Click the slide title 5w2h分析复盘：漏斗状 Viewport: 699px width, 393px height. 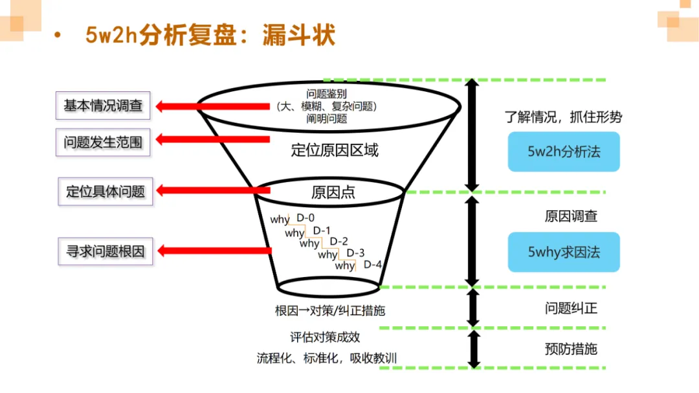point(210,35)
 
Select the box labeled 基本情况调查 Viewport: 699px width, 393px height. point(103,106)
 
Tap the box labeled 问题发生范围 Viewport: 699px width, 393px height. point(103,142)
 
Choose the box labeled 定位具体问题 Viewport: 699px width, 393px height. point(105,192)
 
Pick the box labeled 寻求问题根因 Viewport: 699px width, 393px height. point(105,251)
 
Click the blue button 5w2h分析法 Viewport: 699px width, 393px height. point(564,152)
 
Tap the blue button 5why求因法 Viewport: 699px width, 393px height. point(564,252)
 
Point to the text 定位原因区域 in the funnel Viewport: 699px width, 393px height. point(335,151)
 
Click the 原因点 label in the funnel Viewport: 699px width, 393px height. point(333,192)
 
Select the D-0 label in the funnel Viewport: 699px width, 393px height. point(305,218)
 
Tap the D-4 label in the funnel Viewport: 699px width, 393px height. point(373,264)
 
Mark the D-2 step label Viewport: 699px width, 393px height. point(339,241)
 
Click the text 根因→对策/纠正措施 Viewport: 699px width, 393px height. point(330,311)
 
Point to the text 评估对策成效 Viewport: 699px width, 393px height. point(325,337)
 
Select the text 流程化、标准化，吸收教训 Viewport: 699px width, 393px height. point(327,358)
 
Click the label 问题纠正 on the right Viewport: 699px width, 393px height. point(571,308)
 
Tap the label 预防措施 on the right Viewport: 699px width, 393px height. point(571,349)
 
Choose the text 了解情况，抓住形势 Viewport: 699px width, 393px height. point(563,117)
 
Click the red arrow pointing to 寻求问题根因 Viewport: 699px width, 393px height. point(214,251)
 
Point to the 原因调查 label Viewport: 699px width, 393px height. point(571,216)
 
